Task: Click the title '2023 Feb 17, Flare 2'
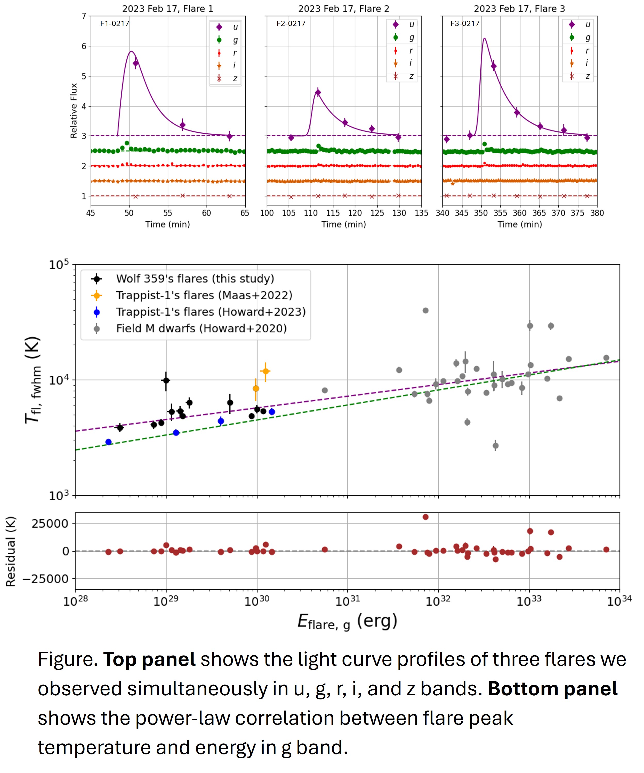[x=343, y=9]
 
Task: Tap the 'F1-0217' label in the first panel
[x=115, y=23]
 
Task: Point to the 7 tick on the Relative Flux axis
[x=84, y=16]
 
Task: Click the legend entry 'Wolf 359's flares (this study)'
[x=195, y=279]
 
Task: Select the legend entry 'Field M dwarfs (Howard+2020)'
[x=201, y=328]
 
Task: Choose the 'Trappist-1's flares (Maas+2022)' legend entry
[x=204, y=295]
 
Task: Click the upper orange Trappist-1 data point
[x=265, y=371]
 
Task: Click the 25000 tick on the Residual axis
[x=50, y=524]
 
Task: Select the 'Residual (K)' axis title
[x=11, y=551]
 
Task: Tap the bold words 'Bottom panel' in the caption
[x=552, y=689]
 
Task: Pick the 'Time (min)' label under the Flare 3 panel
[x=520, y=225]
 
